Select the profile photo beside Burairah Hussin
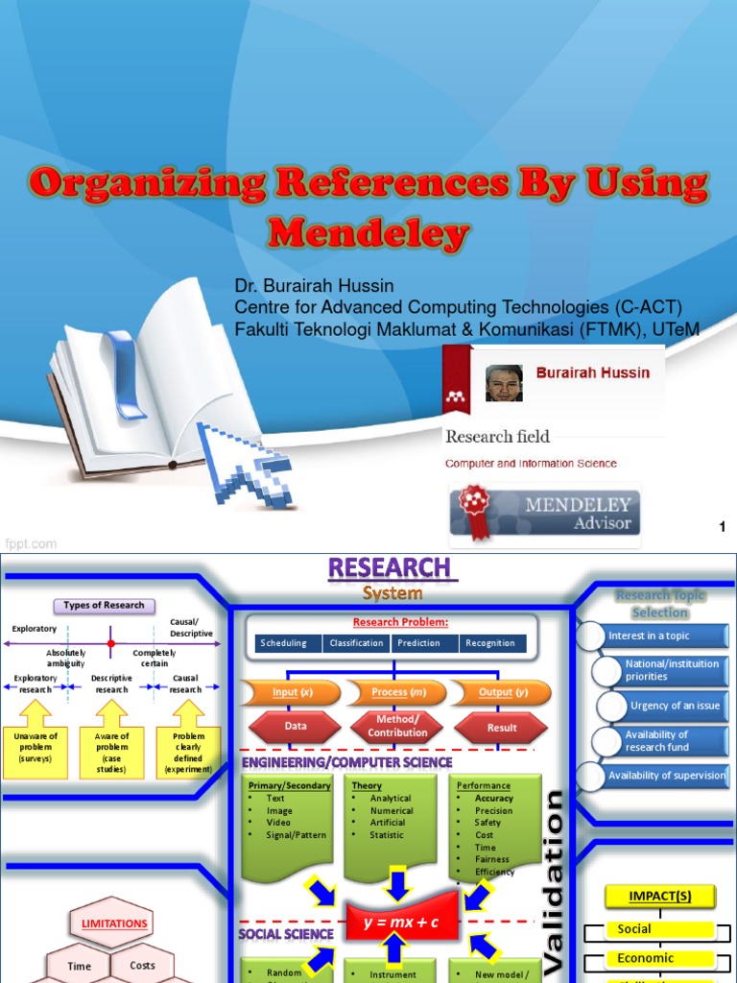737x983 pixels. pyautogui.click(x=504, y=382)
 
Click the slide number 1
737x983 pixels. pyautogui.click(x=722, y=525)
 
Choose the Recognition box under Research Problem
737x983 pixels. pyautogui.click(x=492, y=643)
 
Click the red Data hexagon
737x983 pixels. pyautogui.click(x=297, y=727)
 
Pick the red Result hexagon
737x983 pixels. pyautogui.click(x=502, y=727)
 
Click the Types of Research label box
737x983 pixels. pyautogui.click(x=104, y=605)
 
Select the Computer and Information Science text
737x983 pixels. pyautogui.click(x=531, y=464)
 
